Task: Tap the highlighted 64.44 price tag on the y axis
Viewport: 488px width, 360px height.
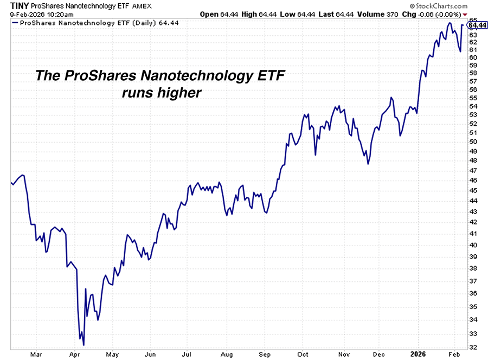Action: pyautogui.click(x=477, y=25)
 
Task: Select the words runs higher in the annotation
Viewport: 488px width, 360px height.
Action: pyautogui.click(x=162, y=93)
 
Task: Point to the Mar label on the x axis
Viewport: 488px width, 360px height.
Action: pyautogui.click(x=36, y=354)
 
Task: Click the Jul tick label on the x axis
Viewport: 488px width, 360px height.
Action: pyautogui.click(x=187, y=354)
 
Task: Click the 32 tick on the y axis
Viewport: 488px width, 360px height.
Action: pyautogui.click(x=473, y=347)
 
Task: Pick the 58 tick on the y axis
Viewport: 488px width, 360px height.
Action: pyautogui.click(x=473, y=73)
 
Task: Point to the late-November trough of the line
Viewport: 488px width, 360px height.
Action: pyautogui.click(x=369, y=163)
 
